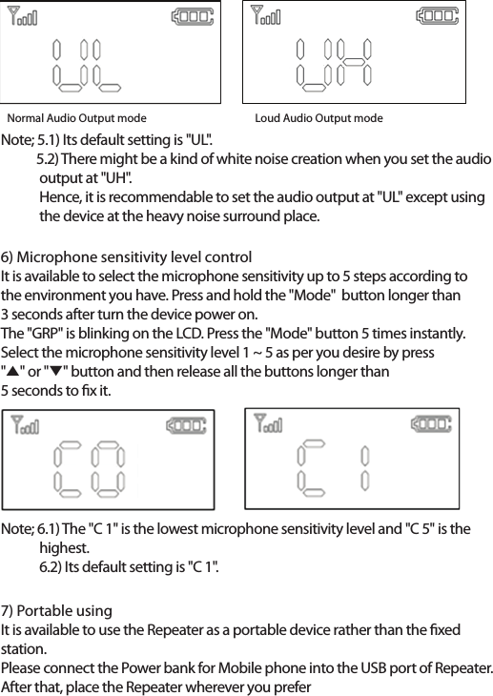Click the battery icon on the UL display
tap(192, 17)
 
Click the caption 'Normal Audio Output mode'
tap(77, 118)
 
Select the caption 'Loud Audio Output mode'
tap(318, 118)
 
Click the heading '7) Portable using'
tap(57, 610)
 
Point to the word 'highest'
tap(63, 548)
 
